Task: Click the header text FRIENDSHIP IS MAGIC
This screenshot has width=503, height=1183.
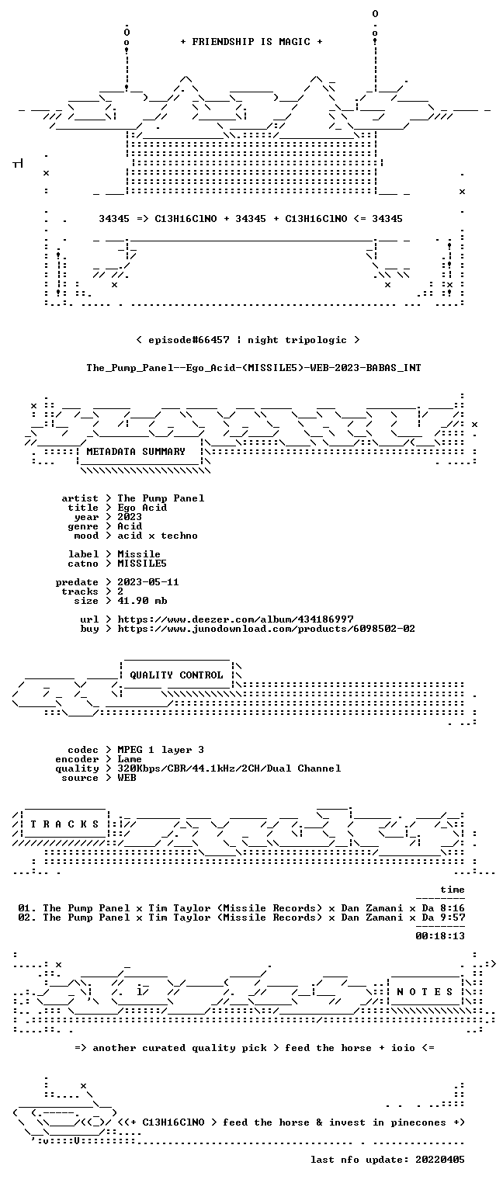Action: click(251, 42)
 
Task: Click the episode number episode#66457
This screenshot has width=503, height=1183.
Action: click(189, 340)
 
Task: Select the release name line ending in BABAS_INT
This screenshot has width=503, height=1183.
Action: click(254, 368)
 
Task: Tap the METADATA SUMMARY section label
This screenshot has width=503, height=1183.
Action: click(136, 452)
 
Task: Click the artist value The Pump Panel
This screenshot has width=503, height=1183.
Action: click(161, 498)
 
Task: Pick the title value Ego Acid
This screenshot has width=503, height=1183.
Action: click(142, 508)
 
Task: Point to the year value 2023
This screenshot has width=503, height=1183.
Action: click(130, 517)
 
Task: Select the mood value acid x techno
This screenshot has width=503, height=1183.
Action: click(158, 536)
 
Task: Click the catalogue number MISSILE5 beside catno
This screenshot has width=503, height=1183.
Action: click(142, 564)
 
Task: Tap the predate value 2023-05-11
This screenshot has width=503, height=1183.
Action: click(148, 582)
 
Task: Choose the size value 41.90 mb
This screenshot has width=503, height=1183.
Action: click(142, 601)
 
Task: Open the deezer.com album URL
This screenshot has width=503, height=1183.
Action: click(236, 619)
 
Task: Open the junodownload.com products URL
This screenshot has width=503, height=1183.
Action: click(266, 629)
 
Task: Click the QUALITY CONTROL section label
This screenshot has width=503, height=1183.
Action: click(176, 675)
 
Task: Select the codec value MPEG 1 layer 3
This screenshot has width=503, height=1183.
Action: click(161, 750)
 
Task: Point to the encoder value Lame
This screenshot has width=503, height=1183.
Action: click(130, 759)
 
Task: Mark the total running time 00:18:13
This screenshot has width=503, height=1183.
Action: click(440, 936)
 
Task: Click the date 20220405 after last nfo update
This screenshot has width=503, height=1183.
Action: click(440, 1160)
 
